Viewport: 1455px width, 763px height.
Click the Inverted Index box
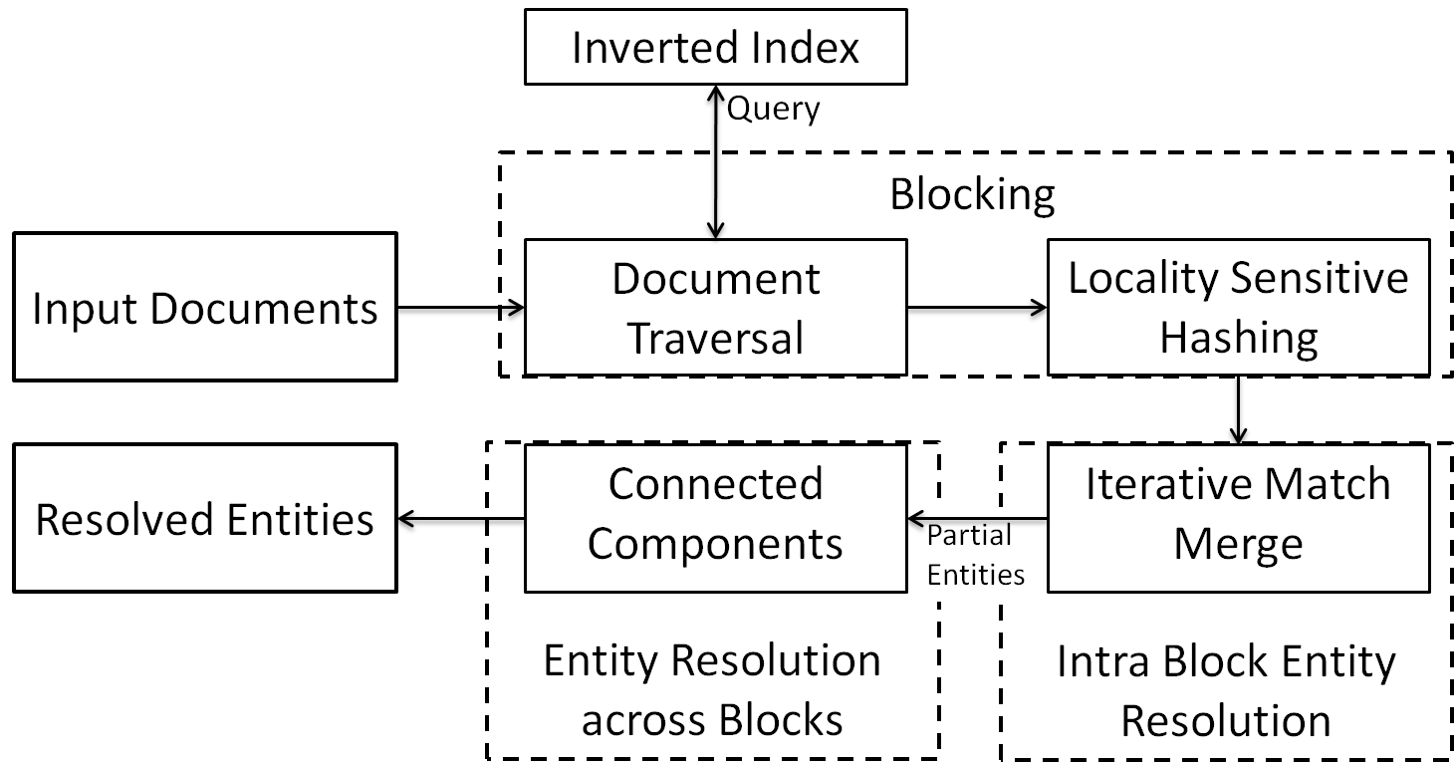716,47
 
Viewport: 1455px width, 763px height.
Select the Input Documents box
205,307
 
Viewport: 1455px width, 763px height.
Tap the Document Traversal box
716,308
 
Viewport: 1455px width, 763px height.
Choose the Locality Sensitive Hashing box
1239,308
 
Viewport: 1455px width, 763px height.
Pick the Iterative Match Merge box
1239,518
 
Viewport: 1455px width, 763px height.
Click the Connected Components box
716,518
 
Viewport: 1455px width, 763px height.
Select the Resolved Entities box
205,518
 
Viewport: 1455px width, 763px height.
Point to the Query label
773,110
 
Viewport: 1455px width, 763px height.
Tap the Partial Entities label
976,555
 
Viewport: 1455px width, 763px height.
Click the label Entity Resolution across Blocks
712,689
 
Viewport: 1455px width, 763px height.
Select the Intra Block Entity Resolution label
1226,690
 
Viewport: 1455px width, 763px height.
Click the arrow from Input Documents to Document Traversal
461,308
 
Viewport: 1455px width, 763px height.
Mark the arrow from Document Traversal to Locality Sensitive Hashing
978,308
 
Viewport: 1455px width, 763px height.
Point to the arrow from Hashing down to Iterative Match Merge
1239,410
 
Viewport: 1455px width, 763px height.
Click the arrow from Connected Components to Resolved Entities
461,519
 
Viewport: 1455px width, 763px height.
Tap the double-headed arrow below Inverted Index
716,162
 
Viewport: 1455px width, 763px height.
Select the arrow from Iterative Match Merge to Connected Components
978,519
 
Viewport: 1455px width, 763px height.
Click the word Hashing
1239,338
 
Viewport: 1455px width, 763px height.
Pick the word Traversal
716,338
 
